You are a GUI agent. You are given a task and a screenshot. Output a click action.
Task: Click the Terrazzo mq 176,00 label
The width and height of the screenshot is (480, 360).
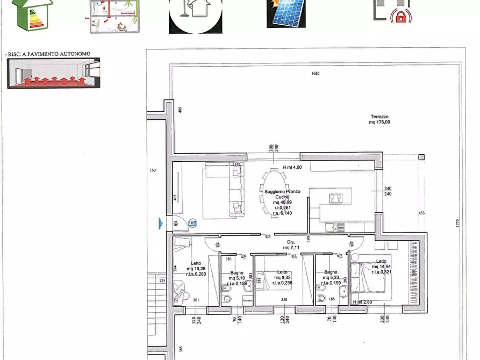tap(379, 120)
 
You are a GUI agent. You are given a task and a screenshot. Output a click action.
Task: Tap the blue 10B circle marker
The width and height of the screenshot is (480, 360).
tap(193, 223)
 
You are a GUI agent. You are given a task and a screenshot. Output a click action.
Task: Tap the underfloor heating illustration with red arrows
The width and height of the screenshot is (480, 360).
tap(54, 73)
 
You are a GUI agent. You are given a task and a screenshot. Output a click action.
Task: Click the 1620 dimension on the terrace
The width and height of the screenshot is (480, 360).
tap(316, 74)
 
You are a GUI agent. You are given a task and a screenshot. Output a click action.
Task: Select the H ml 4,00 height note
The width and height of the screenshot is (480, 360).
tap(293, 167)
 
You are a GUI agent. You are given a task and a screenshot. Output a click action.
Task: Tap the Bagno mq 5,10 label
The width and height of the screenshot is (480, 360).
tap(236, 276)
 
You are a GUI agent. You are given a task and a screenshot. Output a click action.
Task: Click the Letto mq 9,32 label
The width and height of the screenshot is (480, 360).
tap(282, 276)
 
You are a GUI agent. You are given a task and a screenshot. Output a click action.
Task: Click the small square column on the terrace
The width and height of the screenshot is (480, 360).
tap(421, 157)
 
